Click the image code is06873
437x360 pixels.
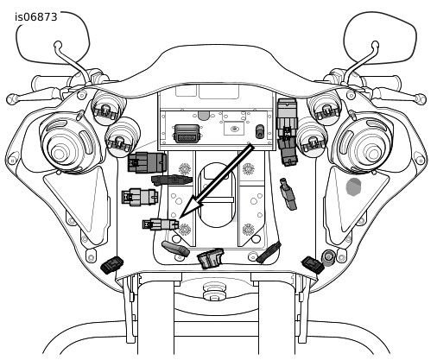tap(36, 17)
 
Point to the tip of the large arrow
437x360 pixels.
tap(180, 218)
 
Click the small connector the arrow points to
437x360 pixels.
tap(161, 224)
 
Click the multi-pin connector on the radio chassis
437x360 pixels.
tap(187, 134)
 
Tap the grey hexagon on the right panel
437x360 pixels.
tap(353, 186)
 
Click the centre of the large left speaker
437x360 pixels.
tap(60, 154)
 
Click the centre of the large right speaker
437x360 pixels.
tap(373, 154)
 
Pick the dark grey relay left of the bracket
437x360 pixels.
tap(147, 162)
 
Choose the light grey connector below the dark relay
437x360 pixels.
tap(140, 197)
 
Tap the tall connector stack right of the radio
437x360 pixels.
tap(287, 132)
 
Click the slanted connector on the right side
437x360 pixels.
tap(288, 194)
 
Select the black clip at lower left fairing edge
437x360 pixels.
tap(112, 265)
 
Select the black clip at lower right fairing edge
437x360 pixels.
tap(313, 265)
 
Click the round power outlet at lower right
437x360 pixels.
tap(328, 257)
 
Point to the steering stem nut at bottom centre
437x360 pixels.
tap(214, 291)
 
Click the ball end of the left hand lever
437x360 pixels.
tap(11, 99)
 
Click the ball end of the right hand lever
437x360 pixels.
tap(421, 99)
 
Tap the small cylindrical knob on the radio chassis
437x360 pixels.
tap(260, 131)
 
